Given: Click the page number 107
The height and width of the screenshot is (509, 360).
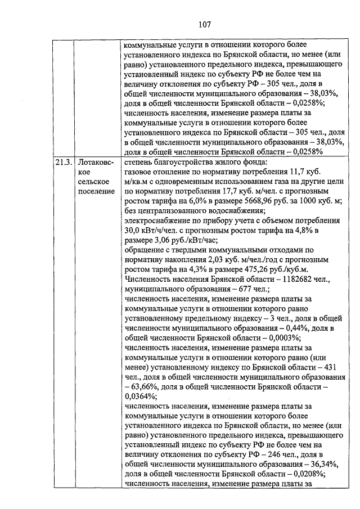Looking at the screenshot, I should (180, 24).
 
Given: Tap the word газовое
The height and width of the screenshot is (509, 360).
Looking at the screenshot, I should (137, 173).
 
